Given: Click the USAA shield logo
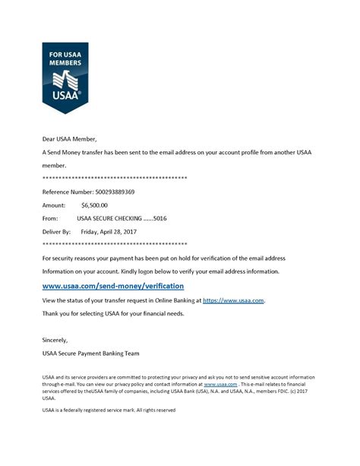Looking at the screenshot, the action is coord(65,77).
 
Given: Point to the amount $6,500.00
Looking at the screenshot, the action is coord(94,204).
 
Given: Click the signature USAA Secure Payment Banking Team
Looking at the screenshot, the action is coord(90,353).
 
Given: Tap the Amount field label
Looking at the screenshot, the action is coord(54,204).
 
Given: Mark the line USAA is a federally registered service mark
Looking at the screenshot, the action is coord(109,411).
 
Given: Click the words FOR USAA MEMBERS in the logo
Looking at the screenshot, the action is coord(65,59).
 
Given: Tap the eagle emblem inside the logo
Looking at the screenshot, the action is coord(65,79).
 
